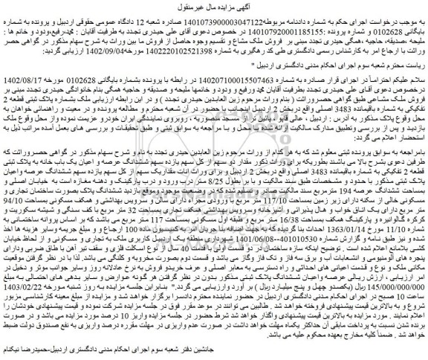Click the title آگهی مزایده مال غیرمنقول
click(x=214, y=7)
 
